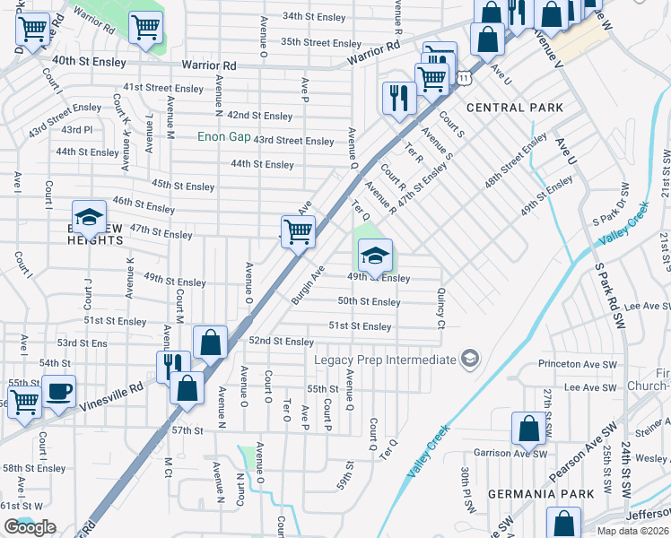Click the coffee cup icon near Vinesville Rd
pyautogui.click(x=59, y=392)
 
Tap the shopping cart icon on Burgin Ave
pyautogui.click(x=298, y=231)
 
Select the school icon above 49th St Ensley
pyautogui.click(x=375, y=256)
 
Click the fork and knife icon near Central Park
pyautogui.click(x=398, y=98)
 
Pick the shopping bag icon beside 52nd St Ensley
pyautogui.click(x=209, y=342)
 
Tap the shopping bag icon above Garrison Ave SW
pyautogui.click(x=528, y=428)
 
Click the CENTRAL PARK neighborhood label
pyautogui.click(x=515, y=108)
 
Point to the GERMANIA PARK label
pyautogui.click(x=540, y=494)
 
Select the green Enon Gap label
pyautogui.click(x=223, y=137)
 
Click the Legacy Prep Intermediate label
pyautogui.click(x=386, y=360)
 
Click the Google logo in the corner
pyautogui.click(x=30, y=527)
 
